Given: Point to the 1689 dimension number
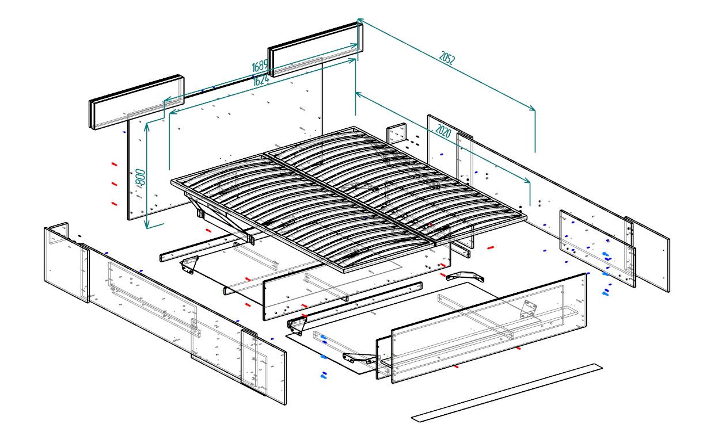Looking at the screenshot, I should pos(260,66).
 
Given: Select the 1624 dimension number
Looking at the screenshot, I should pos(261,80).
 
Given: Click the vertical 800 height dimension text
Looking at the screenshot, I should pos(139,177).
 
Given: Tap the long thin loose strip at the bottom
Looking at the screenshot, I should pos(507,392).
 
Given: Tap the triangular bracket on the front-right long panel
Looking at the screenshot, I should pos(528,309).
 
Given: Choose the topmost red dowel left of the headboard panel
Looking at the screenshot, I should pos(114,164).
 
